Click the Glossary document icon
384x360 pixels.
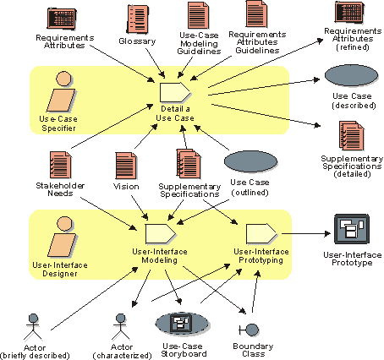pos(138,19)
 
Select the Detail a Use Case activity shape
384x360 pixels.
pos(175,92)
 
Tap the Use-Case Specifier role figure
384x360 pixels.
pos(61,91)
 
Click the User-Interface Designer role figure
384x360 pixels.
pos(62,237)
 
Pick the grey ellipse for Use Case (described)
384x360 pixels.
pos(351,75)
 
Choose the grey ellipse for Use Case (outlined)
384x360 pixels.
pos(250,161)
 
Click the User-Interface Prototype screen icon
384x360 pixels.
pos(352,229)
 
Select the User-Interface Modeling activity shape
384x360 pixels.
pos(161,234)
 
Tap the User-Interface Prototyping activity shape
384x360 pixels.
pos(261,234)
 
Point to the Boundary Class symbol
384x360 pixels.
pos(249,330)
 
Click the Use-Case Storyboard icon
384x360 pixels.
pos(182,324)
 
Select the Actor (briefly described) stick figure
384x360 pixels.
pos(33,327)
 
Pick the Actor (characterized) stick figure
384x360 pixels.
pos(121,327)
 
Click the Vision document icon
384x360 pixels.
pos(126,166)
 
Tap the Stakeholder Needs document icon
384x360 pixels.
pos(61,165)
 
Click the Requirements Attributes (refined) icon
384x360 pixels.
pos(349,12)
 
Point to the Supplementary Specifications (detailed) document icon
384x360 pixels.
pos(352,136)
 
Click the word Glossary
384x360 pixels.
pos(137,41)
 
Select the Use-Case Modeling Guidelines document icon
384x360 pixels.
pos(199,15)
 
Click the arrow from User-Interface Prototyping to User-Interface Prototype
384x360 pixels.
pos(306,233)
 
